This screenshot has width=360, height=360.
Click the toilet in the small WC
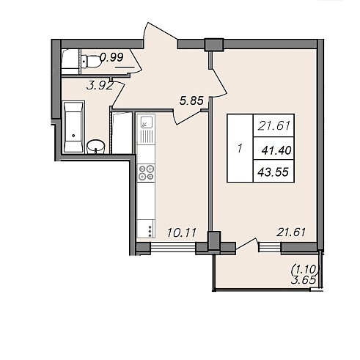coord(91,61)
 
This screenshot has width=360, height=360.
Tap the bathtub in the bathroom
coord(73,127)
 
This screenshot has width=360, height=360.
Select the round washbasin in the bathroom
coord(96,147)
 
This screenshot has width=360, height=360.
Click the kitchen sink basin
coord(146,122)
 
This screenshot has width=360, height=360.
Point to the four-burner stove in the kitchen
coord(146,173)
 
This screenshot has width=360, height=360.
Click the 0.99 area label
coord(111,57)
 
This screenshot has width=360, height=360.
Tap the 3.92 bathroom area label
coord(100,86)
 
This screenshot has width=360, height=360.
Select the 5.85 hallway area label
coord(191,100)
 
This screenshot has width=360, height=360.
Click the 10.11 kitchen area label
coord(182,232)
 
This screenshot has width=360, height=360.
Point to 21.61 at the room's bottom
coord(291,232)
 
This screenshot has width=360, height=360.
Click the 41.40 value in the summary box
coord(276,150)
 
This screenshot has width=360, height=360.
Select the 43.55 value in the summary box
coord(273,172)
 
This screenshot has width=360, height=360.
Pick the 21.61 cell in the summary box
coord(273,125)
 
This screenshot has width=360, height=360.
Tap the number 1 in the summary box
coord(240,148)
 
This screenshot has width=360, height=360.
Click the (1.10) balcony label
coord(306,269)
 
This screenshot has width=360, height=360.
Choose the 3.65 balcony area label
coord(303,279)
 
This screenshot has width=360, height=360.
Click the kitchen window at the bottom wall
coord(173,247)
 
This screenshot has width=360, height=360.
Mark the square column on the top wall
coord(214,45)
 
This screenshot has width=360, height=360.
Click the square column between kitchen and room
coord(214,240)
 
